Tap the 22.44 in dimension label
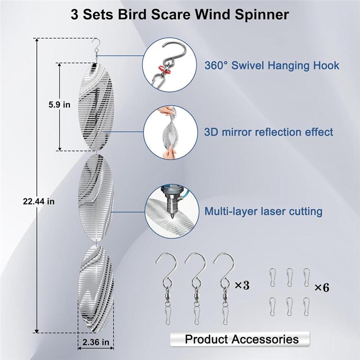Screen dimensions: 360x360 (x=39, y=201)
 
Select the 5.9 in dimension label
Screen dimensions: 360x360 (x=59, y=105)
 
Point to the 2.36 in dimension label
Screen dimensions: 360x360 (x=96, y=342)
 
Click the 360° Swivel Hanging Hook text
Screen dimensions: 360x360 (x=272, y=65)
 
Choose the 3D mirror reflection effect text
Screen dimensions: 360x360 (x=269, y=132)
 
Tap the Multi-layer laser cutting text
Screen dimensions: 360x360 (x=263, y=211)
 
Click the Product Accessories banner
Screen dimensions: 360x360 (x=240, y=339)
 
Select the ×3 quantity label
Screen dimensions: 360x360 (x=242, y=285)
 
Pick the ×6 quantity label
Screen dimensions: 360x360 (x=322, y=288)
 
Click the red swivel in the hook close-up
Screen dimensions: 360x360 (x=165, y=69)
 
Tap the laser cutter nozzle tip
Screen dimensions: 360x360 (x=171, y=217)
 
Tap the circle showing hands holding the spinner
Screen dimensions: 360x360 (x=171, y=132)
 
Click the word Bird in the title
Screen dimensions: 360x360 (x=132, y=15)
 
